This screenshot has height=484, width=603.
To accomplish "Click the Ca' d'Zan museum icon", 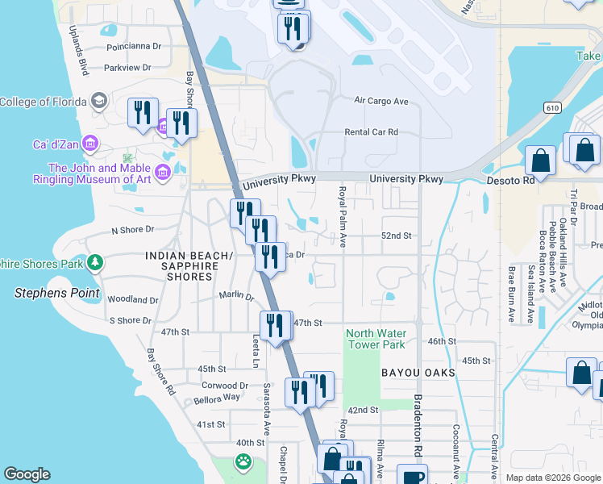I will [89, 144].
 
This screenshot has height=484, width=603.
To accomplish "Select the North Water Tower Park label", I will [376, 339].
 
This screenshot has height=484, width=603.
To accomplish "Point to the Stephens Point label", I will [56, 293].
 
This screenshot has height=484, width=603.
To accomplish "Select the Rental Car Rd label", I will [371, 132].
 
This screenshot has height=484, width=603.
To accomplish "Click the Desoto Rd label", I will [511, 181].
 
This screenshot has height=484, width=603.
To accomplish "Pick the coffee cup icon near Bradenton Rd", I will [412, 476].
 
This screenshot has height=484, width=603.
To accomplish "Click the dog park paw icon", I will [243, 461].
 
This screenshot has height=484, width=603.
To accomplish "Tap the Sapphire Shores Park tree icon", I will [95, 263].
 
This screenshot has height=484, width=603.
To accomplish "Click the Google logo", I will [27, 474].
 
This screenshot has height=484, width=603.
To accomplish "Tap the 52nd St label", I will [397, 236].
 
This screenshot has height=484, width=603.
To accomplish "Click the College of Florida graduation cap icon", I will [98, 102].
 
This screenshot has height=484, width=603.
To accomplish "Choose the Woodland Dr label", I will [131, 299].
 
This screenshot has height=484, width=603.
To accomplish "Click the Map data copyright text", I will [552, 478].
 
